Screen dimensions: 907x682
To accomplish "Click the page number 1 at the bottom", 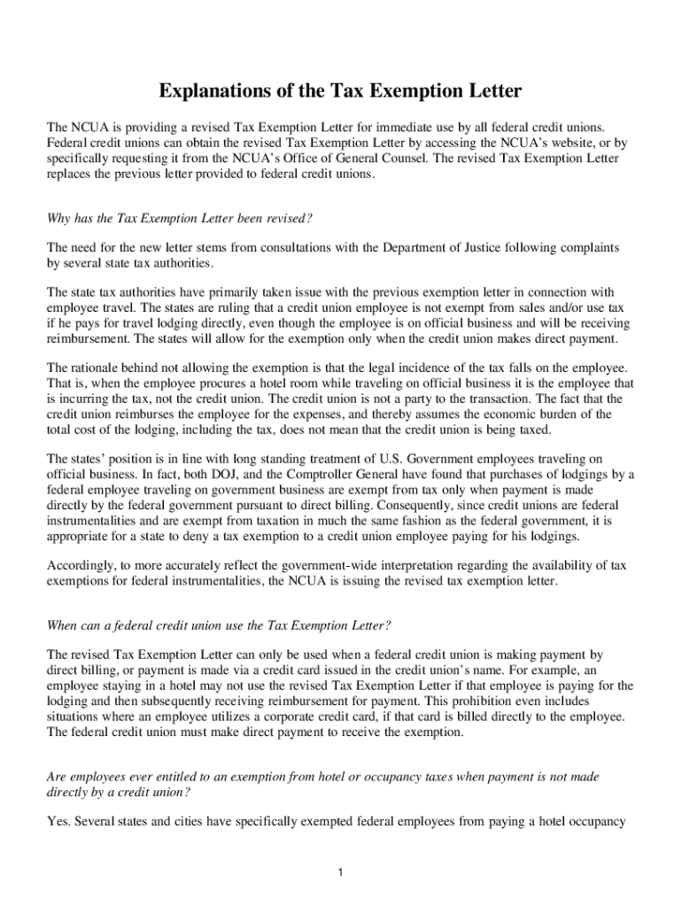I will click(x=340, y=873).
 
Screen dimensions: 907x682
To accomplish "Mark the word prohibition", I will click(x=518, y=700).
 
